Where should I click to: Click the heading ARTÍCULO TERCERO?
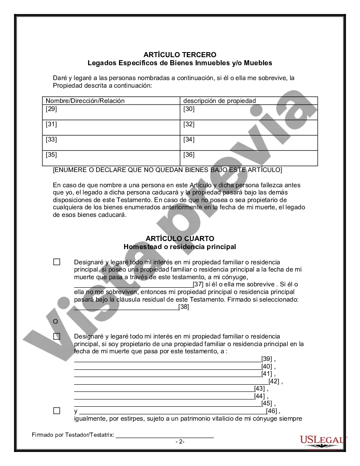(180, 55)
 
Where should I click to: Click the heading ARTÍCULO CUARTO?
(180, 239)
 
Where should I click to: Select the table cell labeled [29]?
(112, 112)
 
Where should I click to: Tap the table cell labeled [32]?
(249, 128)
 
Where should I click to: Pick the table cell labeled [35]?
(112, 158)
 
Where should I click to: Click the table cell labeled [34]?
(249, 143)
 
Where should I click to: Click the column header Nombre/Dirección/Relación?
(85, 101)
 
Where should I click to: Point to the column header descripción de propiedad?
(219, 101)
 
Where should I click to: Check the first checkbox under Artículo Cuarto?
(57, 262)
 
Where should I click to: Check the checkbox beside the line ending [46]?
(57, 411)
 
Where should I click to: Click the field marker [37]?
(198, 284)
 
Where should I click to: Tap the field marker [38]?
(184, 307)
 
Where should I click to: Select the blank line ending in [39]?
(168, 358)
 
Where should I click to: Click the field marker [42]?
(274, 381)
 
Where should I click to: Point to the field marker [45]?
(267, 403)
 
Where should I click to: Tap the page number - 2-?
(180, 441)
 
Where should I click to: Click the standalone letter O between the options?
(55, 322)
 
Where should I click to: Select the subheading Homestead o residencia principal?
(180, 247)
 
